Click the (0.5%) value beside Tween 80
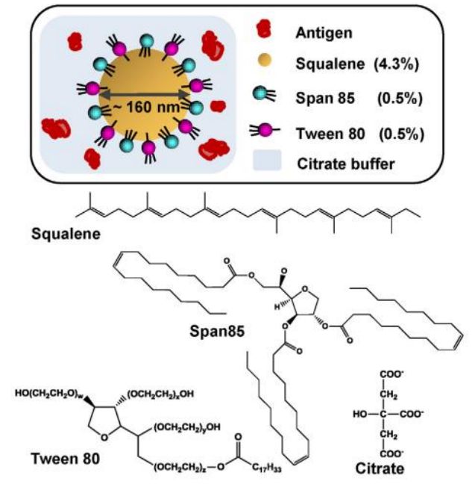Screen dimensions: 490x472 pos(400,133)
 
